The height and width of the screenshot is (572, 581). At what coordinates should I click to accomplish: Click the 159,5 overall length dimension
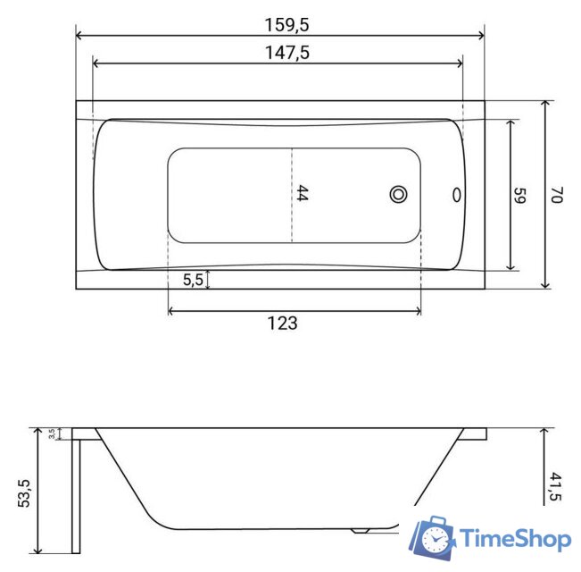pos(286,25)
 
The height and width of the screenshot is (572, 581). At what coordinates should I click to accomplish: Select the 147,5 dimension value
pos(287,53)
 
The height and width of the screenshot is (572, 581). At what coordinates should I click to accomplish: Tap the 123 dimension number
pos(282,324)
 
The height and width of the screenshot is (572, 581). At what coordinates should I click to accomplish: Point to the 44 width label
pos(302,193)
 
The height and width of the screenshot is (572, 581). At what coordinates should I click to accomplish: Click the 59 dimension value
pos(519,196)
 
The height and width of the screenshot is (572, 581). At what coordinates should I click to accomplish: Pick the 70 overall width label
pos(557,195)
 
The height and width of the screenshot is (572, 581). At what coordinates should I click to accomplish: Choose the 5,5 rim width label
pos(193,280)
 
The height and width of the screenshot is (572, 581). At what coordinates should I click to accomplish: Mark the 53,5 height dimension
pos(24,493)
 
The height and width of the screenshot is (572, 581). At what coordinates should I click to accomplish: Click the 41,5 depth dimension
pos(556,487)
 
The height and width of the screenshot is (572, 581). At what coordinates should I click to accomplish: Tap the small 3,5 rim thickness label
pos(52,433)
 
